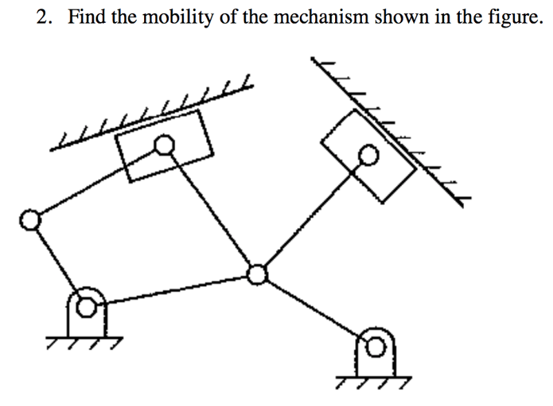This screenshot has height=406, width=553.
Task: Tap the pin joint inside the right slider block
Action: pos(368,156)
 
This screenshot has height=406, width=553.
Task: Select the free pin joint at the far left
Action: pos(29,220)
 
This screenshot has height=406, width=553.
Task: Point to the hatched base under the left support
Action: pos(87,340)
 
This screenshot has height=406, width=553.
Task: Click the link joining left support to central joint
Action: pos(172,289)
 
